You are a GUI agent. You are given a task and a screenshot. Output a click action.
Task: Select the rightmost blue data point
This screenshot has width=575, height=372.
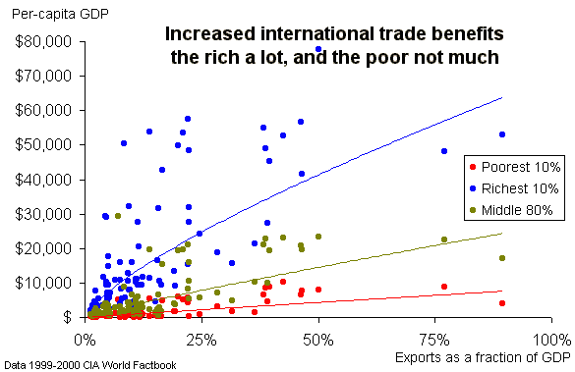click(502, 134)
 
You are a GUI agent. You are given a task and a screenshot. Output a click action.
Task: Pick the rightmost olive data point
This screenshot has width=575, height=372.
click(502, 258)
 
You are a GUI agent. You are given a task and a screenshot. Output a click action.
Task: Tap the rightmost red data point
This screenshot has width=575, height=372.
click(502, 303)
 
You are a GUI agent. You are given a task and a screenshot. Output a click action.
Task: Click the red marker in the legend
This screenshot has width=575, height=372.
click(473, 167)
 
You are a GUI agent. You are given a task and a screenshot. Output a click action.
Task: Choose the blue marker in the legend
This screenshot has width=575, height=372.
click(473, 188)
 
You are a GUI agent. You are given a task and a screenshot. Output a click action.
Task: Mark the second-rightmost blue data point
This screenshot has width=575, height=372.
click(444, 151)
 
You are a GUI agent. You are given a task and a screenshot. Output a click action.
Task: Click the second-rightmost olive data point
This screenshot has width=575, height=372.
click(444, 239)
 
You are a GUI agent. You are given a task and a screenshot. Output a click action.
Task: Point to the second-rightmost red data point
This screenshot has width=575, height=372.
click(444, 287)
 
